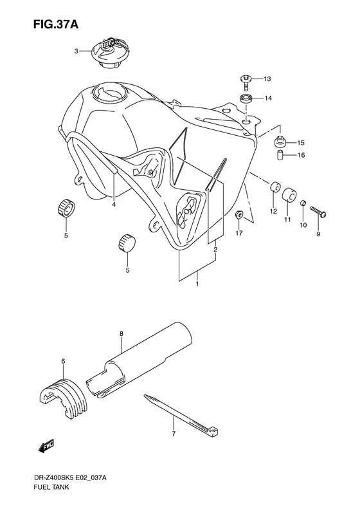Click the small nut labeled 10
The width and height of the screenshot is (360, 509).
[x=303, y=205]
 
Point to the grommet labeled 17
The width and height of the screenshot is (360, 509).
[x=239, y=216]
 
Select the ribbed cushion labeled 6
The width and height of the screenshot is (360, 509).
[x=61, y=392]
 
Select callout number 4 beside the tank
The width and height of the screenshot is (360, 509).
[x=113, y=205]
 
